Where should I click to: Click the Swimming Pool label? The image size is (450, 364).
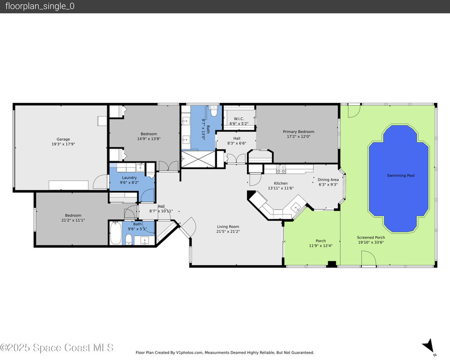401,175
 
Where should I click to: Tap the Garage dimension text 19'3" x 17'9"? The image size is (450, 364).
63,144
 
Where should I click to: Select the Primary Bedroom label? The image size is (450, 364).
298,131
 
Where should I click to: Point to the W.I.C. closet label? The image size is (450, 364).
239,119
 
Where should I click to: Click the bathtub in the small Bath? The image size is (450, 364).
116,233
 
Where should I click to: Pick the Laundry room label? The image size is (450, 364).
129,178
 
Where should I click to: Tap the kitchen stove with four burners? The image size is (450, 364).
281,169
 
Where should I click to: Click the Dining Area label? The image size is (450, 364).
328,180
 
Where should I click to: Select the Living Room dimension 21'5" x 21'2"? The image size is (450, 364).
228,232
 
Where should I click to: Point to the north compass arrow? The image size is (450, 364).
429,345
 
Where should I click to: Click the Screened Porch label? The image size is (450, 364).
371,238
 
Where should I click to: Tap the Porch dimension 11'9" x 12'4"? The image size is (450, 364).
321,246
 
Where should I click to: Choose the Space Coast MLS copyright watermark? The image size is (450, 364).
56,348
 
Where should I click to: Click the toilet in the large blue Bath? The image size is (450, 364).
213,111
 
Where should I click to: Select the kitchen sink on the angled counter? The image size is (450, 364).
295,207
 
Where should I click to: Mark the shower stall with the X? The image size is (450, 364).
198,159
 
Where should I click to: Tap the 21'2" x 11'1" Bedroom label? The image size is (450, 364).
73,218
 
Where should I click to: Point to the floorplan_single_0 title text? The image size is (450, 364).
40,6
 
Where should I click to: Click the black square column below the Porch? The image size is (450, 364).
332,264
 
